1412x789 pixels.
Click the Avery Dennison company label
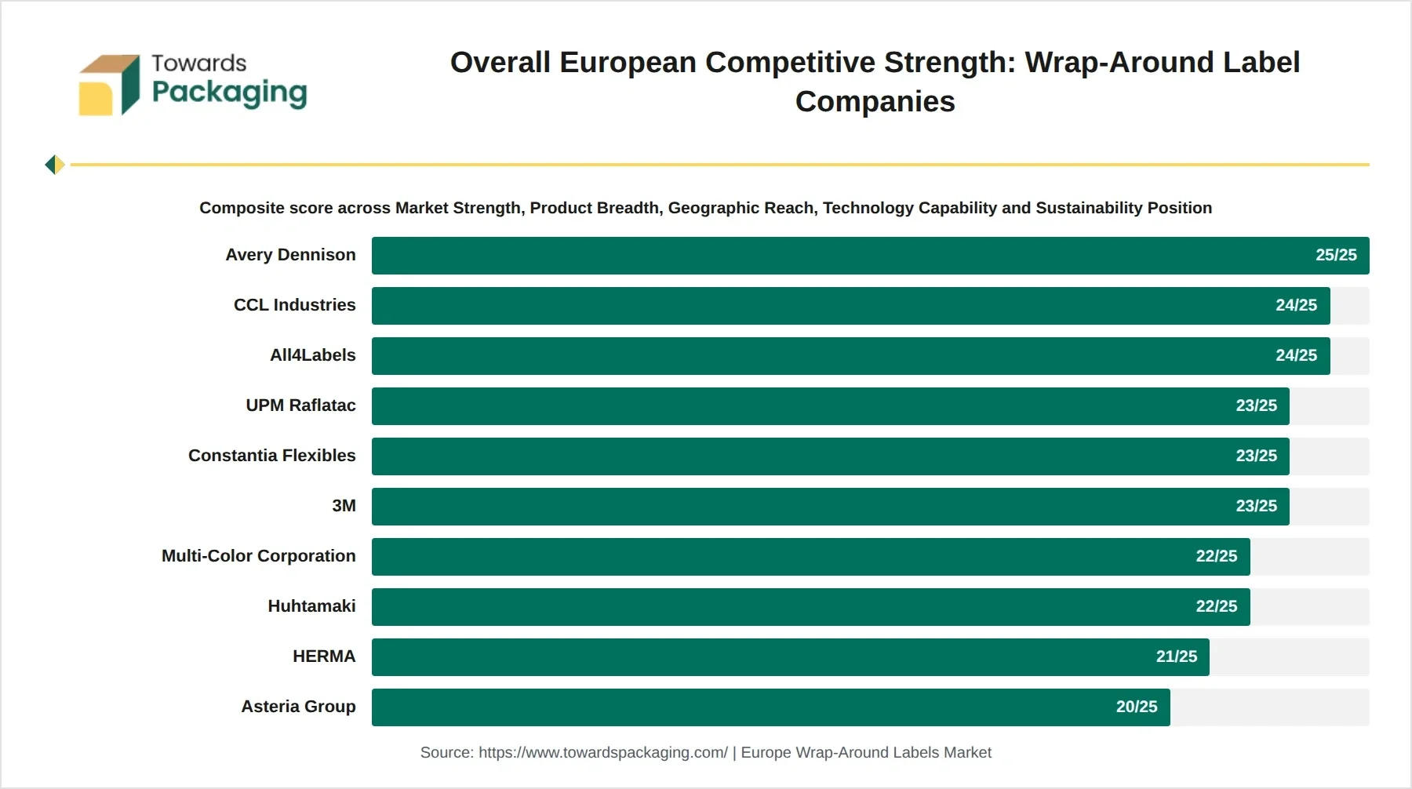[x=290, y=255]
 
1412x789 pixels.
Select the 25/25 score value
[x=1336, y=255]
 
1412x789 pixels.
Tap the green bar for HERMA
[x=791, y=657]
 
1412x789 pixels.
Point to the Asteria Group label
[x=298, y=707]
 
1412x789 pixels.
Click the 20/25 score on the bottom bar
[x=1137, y=707]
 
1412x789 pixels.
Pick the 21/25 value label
[x=1177, y=656]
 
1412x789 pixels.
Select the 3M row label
[x=344, y=506]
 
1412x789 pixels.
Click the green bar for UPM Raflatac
[x=831, y=406]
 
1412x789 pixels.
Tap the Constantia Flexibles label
[x=271, y=456]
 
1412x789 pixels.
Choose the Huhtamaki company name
[x=311, y=606]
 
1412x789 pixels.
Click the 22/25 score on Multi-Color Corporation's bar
[x=1217, y=556]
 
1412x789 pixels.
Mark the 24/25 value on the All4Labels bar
[x=1297, y=355]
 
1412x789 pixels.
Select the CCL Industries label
[x=294, y=305]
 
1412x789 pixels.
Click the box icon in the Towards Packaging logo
[x=109, y=85]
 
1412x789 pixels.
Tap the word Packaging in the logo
[x=229, y=93]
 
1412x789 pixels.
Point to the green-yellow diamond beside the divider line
[x=55, y=165]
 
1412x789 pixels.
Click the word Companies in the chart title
[x=875, y=102]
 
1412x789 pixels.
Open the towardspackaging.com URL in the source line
[x=603, y=753]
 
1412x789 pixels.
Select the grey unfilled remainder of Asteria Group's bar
[x=1270, y=707]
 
